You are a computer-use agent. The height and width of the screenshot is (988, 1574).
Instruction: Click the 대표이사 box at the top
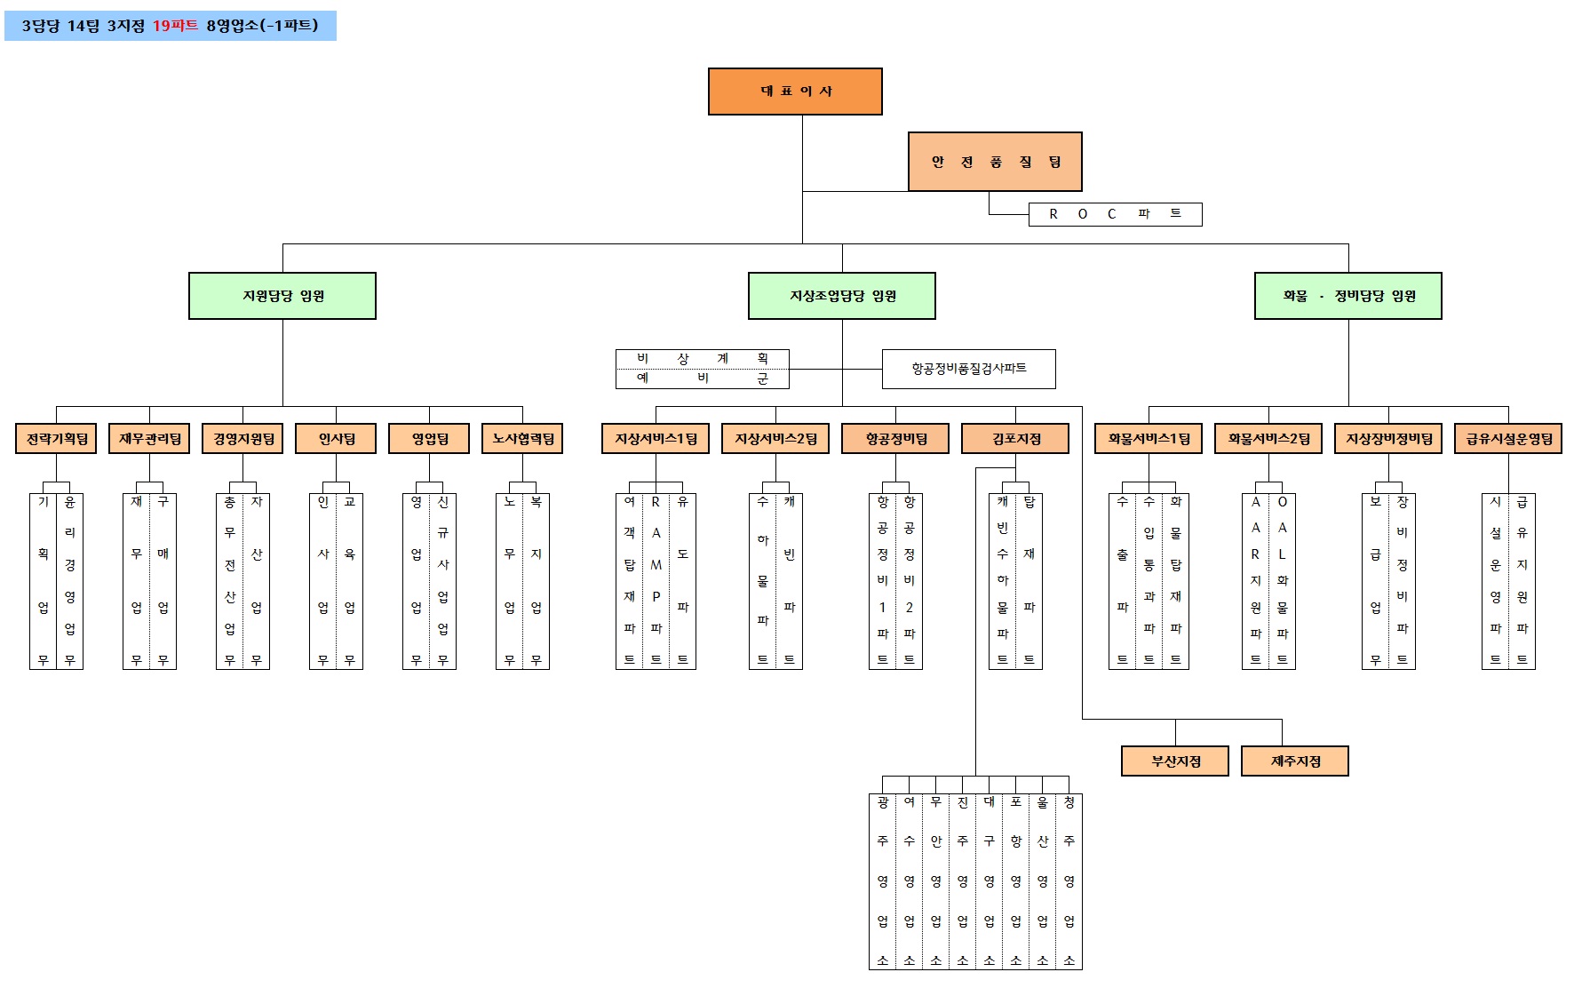[x=795, y=92]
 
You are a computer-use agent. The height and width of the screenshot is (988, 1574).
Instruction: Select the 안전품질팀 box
[x=995, y=162]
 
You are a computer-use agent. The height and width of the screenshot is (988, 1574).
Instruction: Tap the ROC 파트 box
[x=1115, y=214]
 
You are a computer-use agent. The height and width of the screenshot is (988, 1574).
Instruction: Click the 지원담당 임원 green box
[x=282, y=296]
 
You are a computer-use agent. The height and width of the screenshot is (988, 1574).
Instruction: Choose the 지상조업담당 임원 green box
[x=842, y=296]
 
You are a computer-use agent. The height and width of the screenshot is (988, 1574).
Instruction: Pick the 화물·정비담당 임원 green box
[x=1347, y=296]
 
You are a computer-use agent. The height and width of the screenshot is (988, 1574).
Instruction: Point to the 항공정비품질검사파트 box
[x=968, y=369]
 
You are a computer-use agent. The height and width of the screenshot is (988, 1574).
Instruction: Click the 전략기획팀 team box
[x=57, y=439]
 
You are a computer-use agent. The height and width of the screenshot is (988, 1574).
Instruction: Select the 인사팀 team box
[x=337, y=439]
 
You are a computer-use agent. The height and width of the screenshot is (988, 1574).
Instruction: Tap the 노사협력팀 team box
[x=522, y=439]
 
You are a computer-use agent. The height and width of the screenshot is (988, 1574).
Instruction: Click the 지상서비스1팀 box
[x=656, y=439]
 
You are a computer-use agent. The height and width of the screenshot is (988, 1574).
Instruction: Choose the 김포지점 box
[x=1015, y=439]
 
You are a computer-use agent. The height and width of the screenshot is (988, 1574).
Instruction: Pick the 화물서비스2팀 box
[x=1268, y=439]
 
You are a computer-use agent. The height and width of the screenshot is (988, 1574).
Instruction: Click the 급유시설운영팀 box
[x=1508, y=439]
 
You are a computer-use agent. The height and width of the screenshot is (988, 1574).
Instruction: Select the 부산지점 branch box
[x=1175, y=761]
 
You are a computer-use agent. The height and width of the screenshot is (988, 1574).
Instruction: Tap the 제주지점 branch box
[x=1295, y=761]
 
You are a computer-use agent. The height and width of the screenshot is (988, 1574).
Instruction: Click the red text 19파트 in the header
[x=175, y=26]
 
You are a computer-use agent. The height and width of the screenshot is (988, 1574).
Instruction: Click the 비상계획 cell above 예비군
[x=703, y=359]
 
